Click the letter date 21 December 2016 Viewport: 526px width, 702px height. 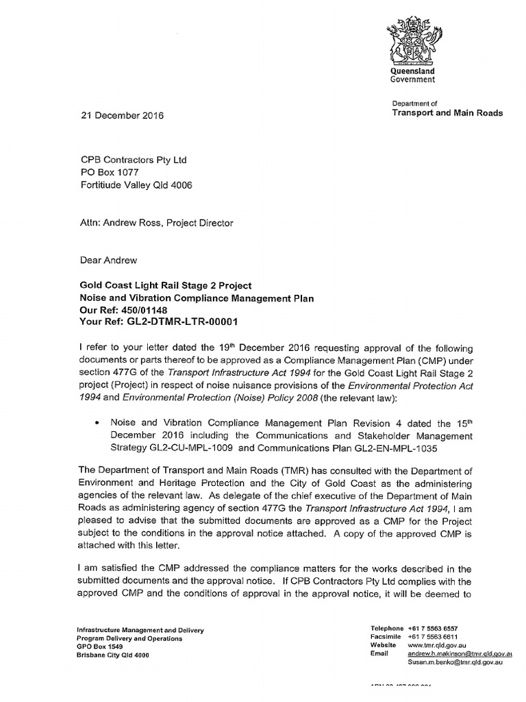pos(123,116)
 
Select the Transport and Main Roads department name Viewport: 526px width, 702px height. pos(447,113)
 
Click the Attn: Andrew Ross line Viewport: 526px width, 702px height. pos(157,222)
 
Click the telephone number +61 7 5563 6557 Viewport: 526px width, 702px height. pos(433,628)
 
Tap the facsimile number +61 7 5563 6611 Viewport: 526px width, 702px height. pos(433,636)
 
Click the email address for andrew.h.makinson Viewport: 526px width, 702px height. pos(460,654)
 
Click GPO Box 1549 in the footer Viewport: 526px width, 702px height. pos(100,646)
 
